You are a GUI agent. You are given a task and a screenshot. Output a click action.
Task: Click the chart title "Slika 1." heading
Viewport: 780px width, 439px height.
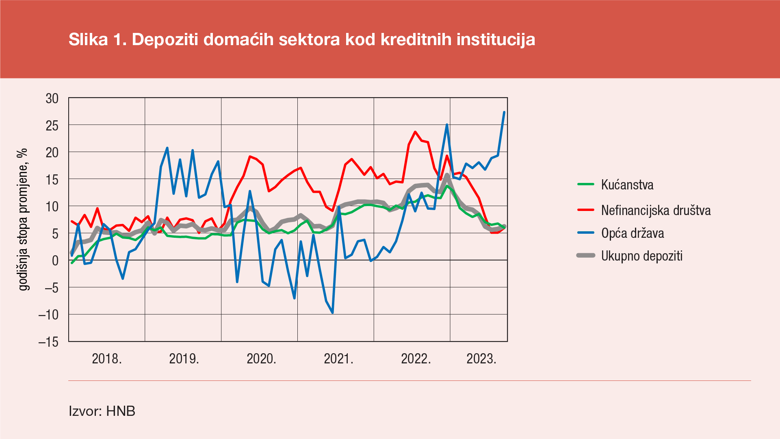[301, 39]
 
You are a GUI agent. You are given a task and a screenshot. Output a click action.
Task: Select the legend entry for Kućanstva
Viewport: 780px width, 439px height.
[627, 185]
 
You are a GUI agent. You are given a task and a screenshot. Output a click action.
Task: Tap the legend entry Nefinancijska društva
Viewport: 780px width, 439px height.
[656, 210]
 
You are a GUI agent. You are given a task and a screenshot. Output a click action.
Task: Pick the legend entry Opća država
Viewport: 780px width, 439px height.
[633, 233]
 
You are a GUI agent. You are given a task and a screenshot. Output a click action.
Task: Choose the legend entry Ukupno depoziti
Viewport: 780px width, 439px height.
[641, 256]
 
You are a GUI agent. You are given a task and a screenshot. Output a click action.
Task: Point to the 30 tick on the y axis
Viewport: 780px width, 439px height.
[52, 98]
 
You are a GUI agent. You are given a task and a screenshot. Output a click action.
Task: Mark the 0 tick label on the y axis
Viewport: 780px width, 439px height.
[55, 261]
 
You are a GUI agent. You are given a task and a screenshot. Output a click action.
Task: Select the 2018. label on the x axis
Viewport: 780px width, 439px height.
[107, 359]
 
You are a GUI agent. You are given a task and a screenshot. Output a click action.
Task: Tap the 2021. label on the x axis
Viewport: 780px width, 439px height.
[338, 359]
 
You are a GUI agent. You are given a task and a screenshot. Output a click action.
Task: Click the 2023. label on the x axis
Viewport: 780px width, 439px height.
[481, 359]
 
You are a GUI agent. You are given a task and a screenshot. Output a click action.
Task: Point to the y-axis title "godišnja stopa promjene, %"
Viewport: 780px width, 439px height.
[23, 219]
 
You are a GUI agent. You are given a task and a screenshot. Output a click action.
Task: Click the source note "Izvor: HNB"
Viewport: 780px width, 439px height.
[102, 411]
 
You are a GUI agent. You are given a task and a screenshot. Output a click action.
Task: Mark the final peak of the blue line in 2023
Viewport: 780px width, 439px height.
[504, 112]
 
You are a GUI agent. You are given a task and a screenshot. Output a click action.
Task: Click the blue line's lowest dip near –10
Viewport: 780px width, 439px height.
[333, 313]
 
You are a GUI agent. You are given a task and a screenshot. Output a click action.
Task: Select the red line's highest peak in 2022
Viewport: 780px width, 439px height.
[415, 132]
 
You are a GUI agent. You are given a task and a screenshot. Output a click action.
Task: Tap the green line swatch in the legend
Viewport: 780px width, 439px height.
[586, 185]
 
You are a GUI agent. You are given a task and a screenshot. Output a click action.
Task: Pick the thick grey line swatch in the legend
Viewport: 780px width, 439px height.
[586, 256]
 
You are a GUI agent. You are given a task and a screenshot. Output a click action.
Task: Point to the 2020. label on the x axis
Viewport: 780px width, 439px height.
[261, 359]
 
